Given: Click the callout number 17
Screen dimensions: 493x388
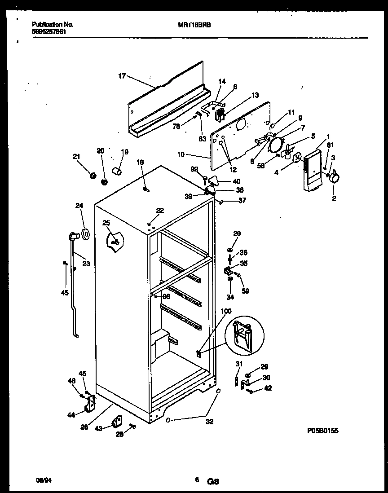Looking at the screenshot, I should click(122, 76).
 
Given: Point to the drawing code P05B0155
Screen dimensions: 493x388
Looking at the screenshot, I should click(322, 431).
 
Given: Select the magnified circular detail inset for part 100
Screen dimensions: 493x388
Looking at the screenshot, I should click(245, 334).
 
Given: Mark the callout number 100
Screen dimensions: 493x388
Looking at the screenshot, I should click(226, 311).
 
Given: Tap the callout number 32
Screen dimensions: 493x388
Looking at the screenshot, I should click(210, 422).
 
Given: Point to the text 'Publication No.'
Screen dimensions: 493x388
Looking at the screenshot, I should click(53, 25).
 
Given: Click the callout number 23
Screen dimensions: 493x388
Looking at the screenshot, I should click(86, 264).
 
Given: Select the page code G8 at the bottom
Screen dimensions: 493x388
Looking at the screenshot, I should click(212, 481).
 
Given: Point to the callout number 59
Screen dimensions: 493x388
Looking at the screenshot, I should click(245, 291).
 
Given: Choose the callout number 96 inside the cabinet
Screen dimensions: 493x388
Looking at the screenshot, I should click(166, 296).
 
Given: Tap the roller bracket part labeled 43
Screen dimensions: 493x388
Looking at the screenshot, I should click(118, 422).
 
